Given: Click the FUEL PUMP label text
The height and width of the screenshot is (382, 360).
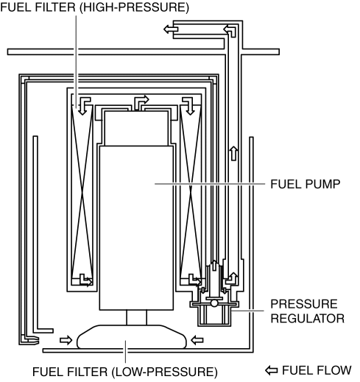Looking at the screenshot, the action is click(305, 184).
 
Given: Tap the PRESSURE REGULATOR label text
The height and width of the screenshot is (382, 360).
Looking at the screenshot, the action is click(307, 311).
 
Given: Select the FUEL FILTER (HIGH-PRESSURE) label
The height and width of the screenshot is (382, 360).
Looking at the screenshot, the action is click(94, 7).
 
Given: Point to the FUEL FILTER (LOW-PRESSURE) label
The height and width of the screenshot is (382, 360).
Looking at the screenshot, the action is click(125, 372).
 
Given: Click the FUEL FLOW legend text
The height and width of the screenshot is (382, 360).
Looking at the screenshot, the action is click(317, 370).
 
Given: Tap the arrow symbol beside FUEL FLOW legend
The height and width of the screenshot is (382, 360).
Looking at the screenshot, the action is click(272, 370).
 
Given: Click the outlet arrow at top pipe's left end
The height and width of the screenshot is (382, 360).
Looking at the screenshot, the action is click(171, 29).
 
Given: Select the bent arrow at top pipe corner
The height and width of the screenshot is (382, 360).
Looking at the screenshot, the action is click(230, 31).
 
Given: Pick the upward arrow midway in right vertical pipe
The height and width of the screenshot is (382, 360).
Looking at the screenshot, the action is click(234, 153).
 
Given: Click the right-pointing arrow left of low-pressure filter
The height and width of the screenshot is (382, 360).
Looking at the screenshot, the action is click(66, 340).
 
